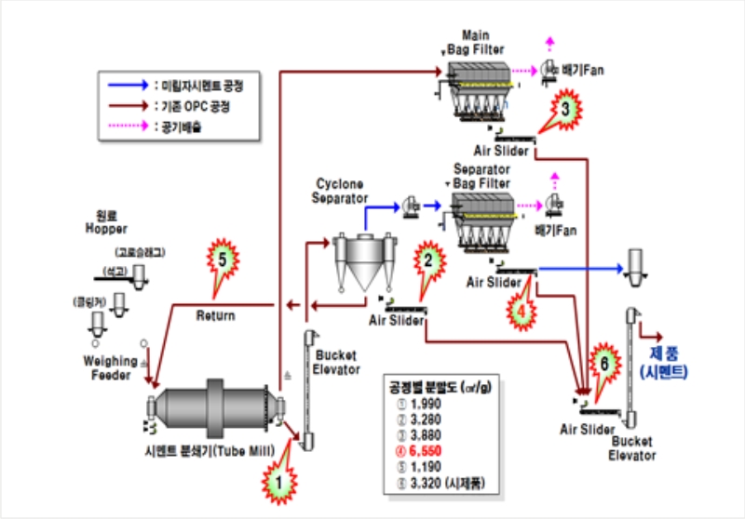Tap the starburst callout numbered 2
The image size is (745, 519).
coord(427,261)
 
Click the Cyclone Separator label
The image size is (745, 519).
coord(342,191)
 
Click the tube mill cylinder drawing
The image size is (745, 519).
coord(213,409)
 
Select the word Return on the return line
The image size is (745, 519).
coord(215,315)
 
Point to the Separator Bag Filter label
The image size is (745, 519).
coord(484,176)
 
